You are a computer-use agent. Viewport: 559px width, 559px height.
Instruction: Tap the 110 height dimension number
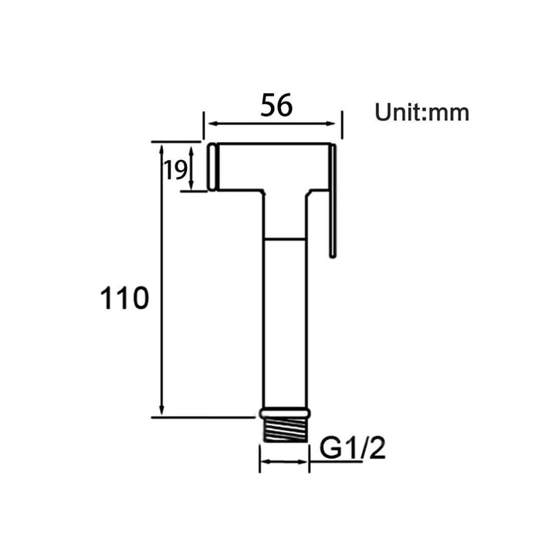123,298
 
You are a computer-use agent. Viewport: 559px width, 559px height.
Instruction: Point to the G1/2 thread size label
353,449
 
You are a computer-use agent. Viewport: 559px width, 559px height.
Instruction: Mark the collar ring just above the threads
284,414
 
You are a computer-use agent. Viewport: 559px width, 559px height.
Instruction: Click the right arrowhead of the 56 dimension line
336,123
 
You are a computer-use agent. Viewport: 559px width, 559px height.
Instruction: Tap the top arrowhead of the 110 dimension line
161,148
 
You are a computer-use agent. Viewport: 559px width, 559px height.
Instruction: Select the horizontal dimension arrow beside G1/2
283,463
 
